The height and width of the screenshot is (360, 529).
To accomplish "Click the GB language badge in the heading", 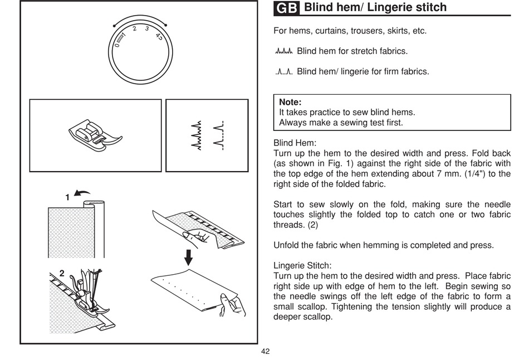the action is (286, 8).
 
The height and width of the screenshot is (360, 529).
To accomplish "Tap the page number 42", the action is (265, 352).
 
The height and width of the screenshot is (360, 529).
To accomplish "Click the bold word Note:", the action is (290, 102).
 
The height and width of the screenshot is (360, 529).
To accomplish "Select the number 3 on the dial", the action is (147, 29).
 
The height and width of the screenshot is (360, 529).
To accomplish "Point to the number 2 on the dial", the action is (134, 29).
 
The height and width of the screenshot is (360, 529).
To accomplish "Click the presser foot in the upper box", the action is (95, 135).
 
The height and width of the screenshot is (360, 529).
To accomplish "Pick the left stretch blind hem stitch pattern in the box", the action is (197, 135).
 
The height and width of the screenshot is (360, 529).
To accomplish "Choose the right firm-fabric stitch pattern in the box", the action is (219, 135).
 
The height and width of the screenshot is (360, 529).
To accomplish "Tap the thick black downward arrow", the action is (188, 257).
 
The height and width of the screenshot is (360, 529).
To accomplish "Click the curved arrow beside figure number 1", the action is (82, 193).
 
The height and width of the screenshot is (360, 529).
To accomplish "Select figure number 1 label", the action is (67, 197).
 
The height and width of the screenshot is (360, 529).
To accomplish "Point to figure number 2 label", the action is (62, 273).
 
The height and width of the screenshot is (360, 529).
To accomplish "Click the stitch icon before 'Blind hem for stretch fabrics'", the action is (284, 51).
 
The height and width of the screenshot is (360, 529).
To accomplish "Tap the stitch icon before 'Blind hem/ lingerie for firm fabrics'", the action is (284, 71).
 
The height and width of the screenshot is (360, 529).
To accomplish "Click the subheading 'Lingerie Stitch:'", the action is (302, 266).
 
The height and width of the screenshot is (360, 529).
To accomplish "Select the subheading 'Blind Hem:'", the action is (295, 143).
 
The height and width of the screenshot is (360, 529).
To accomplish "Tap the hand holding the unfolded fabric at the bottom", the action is (232, 305).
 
